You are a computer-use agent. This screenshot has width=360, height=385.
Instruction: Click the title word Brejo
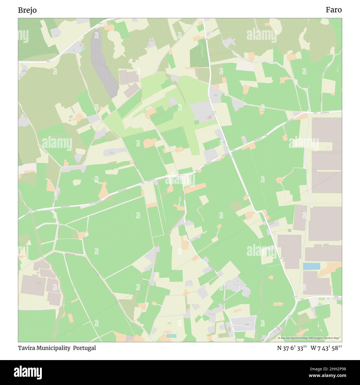(x=27, y=10)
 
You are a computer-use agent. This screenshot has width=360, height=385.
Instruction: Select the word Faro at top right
(x=333, y=10)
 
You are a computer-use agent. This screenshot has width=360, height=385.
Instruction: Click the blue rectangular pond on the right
(x=311, y=266)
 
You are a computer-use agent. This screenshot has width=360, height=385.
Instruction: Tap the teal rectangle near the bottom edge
(x=171, y=335)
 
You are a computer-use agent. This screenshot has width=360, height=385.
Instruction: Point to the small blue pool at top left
(x=83, y=48)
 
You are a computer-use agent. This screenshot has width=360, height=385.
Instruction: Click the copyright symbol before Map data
(x=279, y=338)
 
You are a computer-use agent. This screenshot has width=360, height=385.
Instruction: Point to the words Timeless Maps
(x=332, y=338)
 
